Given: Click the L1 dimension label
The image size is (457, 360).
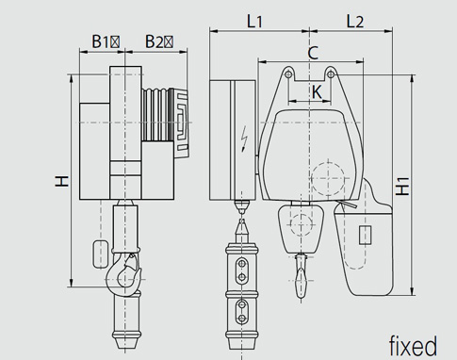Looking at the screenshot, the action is (x=254, y=22).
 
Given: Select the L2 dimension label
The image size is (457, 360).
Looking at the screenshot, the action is (x=355, y=22).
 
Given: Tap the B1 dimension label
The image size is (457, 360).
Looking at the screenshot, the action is (x=106, y=41).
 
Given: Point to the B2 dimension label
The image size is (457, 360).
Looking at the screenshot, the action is (x=159, y=41).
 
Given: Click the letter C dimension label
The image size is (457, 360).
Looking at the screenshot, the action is (x=313, y=53).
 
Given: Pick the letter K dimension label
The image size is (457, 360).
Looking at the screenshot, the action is (x=318, y=92).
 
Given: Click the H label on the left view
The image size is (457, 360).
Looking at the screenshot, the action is (x=62, y=181).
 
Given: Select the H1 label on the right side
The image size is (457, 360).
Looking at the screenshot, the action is (x=402, y=187).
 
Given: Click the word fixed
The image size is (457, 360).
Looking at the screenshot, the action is (x=413, y=346).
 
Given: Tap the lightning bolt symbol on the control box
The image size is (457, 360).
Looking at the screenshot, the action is (x=244, y=139).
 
